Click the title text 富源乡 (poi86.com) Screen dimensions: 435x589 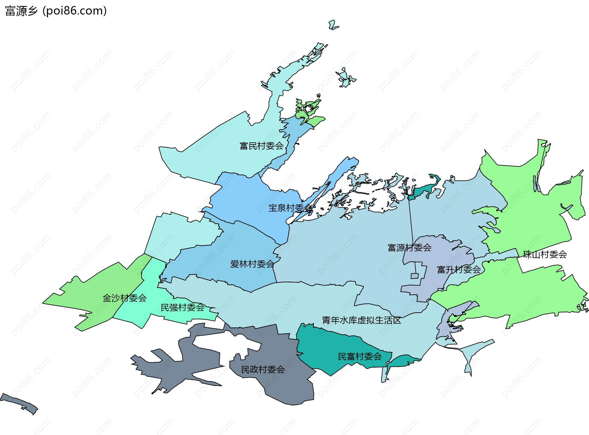coord(56,11)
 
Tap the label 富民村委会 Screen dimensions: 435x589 coord(261,146)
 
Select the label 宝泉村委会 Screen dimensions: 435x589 coord(290,208)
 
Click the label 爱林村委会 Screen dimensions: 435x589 coord(252,264)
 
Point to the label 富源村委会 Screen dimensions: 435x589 coord(410,248)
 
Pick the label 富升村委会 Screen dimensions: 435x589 coord(459,270)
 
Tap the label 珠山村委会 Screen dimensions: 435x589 coord(545,254)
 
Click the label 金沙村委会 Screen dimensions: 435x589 coord(125,298)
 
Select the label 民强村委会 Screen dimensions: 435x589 coord(183,307)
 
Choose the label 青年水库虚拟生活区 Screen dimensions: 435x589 coord(361,320)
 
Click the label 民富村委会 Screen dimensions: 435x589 coord(360,356)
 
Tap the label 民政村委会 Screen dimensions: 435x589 coord(263,369)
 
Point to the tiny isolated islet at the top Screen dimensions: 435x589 coord(333,25)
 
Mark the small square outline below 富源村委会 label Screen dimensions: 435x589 coord(414,276)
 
